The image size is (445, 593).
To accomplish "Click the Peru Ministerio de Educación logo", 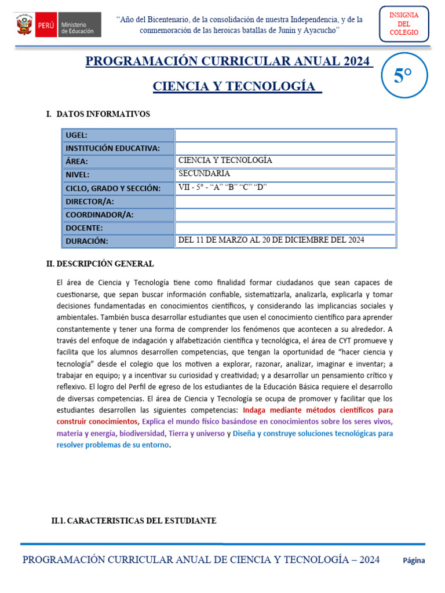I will tap(57, 24).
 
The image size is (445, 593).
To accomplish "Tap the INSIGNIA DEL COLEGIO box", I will tap(404, 24).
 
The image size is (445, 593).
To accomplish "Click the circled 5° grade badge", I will tap(403, 76).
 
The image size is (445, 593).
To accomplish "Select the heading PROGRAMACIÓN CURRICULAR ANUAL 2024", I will tap(229, 61).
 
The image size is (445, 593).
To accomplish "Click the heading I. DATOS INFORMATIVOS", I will tap(98, 114).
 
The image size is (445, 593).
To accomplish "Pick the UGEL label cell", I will tap(118, 135).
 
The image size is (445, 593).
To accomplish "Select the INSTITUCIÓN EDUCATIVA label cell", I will tap(118, 148).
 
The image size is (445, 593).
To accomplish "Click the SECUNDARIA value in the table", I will tap(204, 173).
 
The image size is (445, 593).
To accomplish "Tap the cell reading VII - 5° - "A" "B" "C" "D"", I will tap(222, 186).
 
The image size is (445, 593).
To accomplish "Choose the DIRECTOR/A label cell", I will tap(118, 201).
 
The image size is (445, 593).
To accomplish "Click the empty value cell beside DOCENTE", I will tap(285, 228).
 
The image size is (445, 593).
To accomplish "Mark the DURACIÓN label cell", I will tap(118, 241).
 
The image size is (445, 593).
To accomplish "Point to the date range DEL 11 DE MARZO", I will tap(271, 240).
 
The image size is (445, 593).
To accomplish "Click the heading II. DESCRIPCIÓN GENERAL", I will tap(100, 264).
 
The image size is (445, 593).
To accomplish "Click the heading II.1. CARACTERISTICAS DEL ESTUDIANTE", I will tap(134, 521).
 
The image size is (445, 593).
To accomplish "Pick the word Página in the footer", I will tap(414, 561).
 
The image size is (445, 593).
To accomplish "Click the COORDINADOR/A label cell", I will tap(118, 214).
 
